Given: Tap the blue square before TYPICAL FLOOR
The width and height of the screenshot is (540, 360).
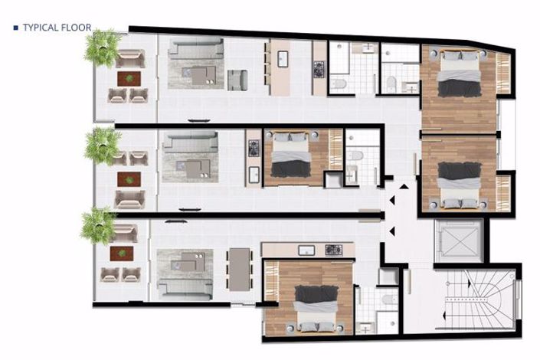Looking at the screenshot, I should pyautogui.click(x=16, y=28).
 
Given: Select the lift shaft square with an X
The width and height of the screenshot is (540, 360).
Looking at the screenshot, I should pyautogui.click(x=457, y=240).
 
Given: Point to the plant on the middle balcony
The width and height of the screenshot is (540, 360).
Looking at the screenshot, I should pyautogui.click(x=102, y=145).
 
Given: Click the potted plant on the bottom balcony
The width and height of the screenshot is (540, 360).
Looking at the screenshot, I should pyautogui.click(x=97, y=224).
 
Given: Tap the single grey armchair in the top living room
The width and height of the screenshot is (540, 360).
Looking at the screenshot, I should pyautogui.click(x=237, y=79).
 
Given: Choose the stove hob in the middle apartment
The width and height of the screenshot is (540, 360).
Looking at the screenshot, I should pyautogui.click(x=253, y=148).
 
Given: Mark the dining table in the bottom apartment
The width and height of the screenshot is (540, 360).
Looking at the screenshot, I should pyautogui.click(x=239, y=270).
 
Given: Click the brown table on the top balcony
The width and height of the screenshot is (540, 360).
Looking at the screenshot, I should pyautogui.click(x=129, y=77).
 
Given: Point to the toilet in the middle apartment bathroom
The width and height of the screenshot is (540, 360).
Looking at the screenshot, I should pyautogui.click(x=355, y=156).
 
